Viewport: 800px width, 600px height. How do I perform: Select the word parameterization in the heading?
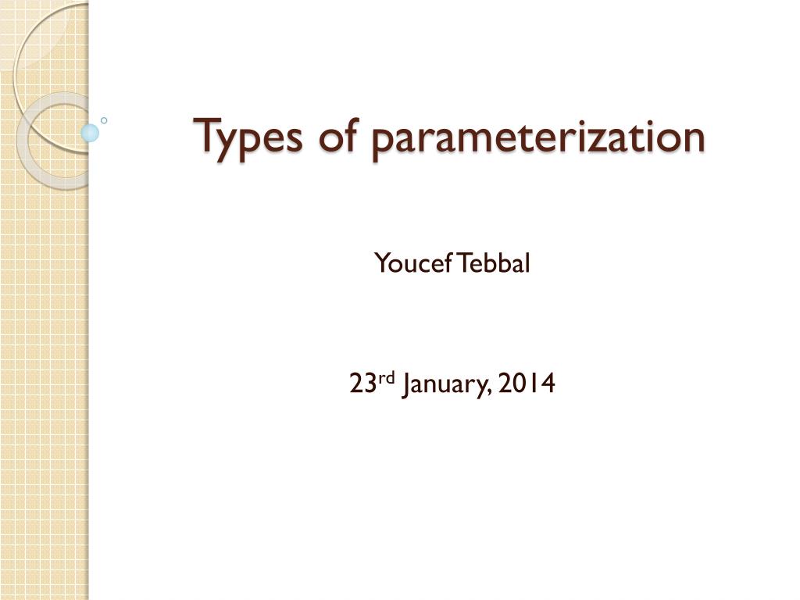click(537, 137)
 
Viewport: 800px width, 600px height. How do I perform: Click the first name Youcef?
click(412, 264)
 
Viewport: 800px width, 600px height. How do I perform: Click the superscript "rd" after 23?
click(387, 379)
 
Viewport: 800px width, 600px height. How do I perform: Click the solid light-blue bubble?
click(91, 133)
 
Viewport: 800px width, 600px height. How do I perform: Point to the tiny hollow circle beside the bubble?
click(104, 120)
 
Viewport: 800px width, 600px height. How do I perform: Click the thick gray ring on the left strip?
click(31, 141)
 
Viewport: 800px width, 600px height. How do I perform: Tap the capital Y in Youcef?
click(381, 264)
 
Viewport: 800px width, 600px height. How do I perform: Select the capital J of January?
click(406, 384)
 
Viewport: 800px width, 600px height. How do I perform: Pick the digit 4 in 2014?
click(548, 384)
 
